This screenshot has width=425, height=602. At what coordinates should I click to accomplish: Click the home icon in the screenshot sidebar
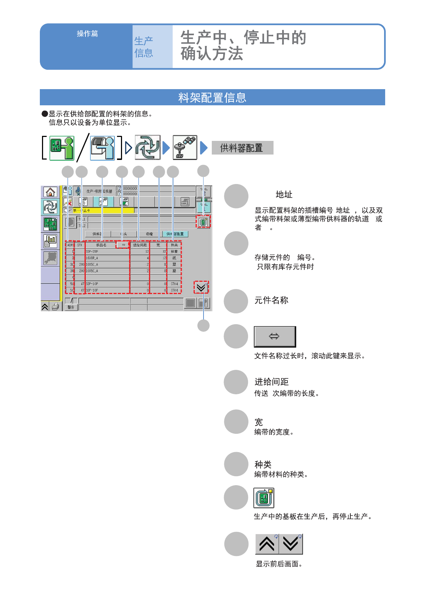pos(50,192)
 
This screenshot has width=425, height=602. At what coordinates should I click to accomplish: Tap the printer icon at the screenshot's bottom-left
pos(56,307)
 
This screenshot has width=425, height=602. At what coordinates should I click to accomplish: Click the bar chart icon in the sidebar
pos(50,240)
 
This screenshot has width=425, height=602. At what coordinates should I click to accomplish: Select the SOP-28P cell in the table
pos(92,252)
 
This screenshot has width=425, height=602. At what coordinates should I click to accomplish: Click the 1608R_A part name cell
pos(92,258)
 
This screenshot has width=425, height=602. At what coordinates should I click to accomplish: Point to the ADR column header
pos(70,245)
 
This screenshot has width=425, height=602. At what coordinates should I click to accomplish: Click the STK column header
pos(80,245)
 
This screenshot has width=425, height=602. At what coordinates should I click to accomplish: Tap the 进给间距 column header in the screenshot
pos(140,245)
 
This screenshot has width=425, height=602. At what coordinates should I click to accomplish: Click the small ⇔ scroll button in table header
pos(123,245)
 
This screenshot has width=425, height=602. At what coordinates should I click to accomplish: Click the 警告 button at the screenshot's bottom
pos(71,307)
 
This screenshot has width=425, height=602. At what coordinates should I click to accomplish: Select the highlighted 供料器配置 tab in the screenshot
pos(175,234)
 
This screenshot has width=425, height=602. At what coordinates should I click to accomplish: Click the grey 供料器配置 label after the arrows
pos(242,148)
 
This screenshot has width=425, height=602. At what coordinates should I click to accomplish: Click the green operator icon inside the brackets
pos(62,148)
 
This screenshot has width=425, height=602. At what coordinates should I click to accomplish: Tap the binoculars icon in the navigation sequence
pos(185,147)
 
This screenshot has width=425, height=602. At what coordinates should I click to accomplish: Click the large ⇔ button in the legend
pos(275,336)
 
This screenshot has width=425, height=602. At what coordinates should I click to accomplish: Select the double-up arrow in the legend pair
pos(267,544)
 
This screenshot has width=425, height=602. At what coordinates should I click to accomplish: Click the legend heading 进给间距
pos(271,382)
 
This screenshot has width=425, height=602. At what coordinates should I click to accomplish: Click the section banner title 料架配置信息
pos(212,97)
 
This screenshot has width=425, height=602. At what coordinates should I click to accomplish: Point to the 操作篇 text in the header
pos(87,33)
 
